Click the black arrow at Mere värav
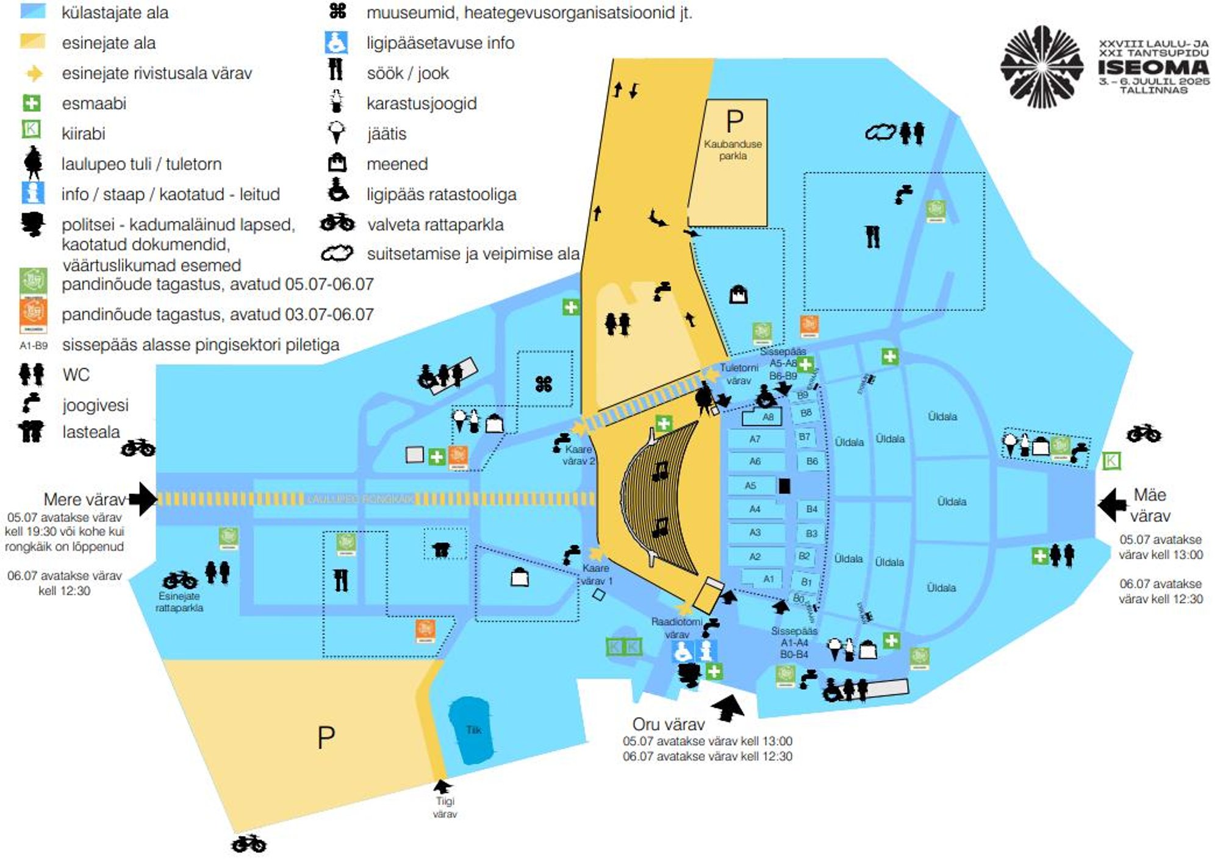pos(143,499)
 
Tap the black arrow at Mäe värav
pos(1112,504)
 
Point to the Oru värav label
pos(668,724)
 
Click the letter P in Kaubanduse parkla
pos(734,122)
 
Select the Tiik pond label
pos(473,730)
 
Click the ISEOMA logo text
pos(1153,67)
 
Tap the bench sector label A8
pos(767,417)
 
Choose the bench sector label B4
pos(811,509)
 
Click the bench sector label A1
pos(768,579)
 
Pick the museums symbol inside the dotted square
pos(544,384)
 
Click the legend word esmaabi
pos(94,104)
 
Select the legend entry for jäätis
pos(386,134)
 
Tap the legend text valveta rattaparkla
pos(435,225)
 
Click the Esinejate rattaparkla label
pos(179,602)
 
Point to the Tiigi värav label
pos(445,807)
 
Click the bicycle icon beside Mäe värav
pos(1144,434)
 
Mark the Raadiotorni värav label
pos(676,628)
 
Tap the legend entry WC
pos(76,374)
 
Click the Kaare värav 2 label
pos(578,455)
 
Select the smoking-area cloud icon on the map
pos(880,132)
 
